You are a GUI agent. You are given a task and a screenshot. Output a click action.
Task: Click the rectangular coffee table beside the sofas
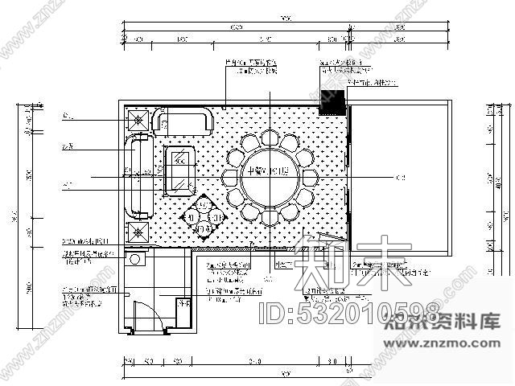[179, 170]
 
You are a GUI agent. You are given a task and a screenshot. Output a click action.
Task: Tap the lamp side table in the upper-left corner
[138, 120]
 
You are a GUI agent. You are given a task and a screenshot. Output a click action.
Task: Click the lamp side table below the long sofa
[138, 234]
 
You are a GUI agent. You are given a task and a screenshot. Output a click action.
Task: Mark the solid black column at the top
[332, 101]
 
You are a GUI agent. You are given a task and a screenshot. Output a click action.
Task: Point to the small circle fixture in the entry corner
[135, 259]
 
